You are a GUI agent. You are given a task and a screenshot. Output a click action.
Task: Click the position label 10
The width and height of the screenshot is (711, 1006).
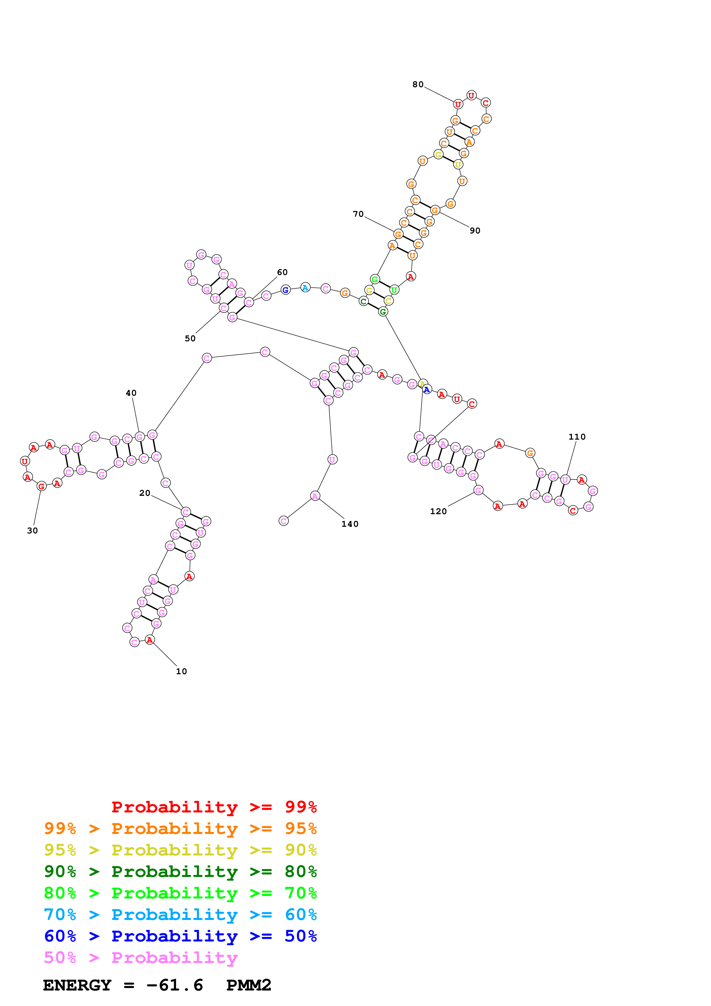point(181,671)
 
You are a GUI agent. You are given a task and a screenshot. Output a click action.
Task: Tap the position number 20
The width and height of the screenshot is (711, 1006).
point(145,493)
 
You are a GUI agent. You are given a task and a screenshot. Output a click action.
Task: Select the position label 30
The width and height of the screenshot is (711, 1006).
point(32,531)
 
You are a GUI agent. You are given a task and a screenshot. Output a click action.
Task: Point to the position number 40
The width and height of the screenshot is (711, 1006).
point(131,393)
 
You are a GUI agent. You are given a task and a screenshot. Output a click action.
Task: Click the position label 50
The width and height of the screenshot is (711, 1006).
point(190,339)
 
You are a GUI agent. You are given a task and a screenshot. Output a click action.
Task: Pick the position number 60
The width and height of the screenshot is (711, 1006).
point(282,272)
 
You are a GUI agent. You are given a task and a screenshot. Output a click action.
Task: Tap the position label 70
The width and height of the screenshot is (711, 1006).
point(358,214)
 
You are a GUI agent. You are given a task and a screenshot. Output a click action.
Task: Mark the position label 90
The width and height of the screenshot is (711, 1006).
point(475,231)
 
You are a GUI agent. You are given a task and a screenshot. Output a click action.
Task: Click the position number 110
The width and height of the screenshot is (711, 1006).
point(577,437)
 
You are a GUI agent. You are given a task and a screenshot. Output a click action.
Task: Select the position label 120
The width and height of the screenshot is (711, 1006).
point(438,511)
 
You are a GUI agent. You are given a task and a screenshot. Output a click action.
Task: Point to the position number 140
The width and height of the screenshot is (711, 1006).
point(350,524)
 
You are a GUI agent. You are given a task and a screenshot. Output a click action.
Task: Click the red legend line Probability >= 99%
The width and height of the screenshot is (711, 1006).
point(214,807)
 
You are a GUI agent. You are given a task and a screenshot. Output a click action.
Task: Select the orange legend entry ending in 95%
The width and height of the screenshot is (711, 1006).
point(180,828)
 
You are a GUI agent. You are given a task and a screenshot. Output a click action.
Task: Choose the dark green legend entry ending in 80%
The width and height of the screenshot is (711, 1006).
point(180,872)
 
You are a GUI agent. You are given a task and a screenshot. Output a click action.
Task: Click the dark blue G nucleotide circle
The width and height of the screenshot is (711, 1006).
point(285,290)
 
